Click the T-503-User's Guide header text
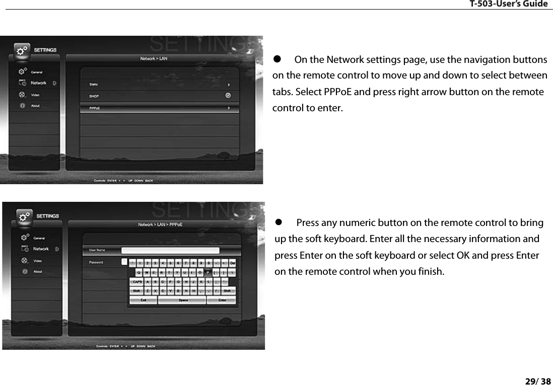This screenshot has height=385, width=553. tap(508, 4)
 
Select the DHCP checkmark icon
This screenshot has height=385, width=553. tap(228, 95)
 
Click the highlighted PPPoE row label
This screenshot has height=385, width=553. tap(95, 108)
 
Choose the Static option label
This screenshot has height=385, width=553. tap(94, 85)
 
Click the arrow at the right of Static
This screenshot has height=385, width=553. tap(229, 85)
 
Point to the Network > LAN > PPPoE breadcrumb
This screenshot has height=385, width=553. tap(160, 225)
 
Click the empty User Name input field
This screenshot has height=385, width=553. tap(170, 250)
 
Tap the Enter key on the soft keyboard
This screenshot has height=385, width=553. tap(222, 300)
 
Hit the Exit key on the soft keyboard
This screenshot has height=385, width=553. tap(144, 300)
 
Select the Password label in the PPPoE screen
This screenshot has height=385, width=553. tap(96, 262)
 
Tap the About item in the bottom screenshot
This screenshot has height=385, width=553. tap(38, 272)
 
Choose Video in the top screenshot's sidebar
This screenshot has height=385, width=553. tap(35, 95)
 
